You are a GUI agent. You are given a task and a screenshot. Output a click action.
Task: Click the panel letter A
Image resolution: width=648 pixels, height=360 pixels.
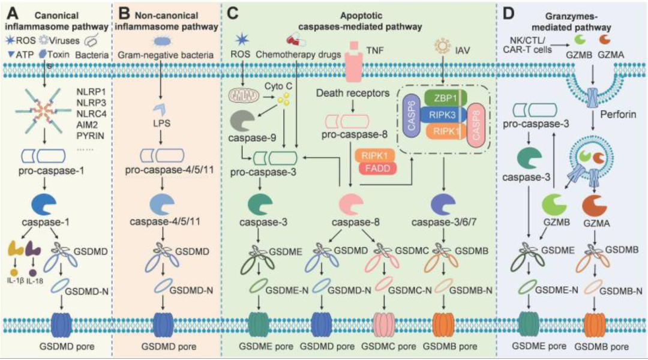click(x=13, y=14)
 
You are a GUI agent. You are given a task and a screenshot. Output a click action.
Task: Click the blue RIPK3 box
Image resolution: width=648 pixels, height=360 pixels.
click(x=443, y=115)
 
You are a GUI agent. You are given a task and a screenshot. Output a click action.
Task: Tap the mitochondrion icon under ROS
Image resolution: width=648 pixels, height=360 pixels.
click(x=244, y=95)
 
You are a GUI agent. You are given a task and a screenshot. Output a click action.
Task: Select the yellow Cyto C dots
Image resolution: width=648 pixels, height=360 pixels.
click(x=283, y=98)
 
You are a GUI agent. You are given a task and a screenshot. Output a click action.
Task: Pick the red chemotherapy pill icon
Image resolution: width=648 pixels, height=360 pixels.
click(x=296, y=41)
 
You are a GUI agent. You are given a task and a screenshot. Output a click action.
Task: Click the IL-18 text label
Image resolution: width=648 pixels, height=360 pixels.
click(x=34, y=281)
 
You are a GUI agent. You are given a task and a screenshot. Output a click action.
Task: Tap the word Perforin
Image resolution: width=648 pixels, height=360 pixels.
click(x=618, y=114)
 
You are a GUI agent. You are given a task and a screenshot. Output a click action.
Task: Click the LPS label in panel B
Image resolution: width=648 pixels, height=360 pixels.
click(x=161, y=124)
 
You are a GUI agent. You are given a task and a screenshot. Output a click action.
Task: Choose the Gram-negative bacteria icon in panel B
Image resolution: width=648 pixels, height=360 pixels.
click(x=163, y=41)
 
